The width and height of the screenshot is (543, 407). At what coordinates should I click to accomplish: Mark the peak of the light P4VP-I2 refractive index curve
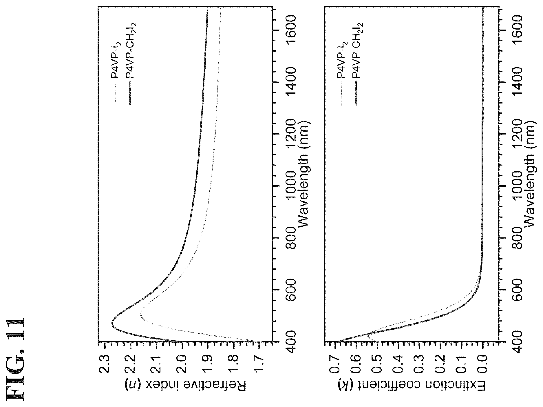(x=140, y=315)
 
